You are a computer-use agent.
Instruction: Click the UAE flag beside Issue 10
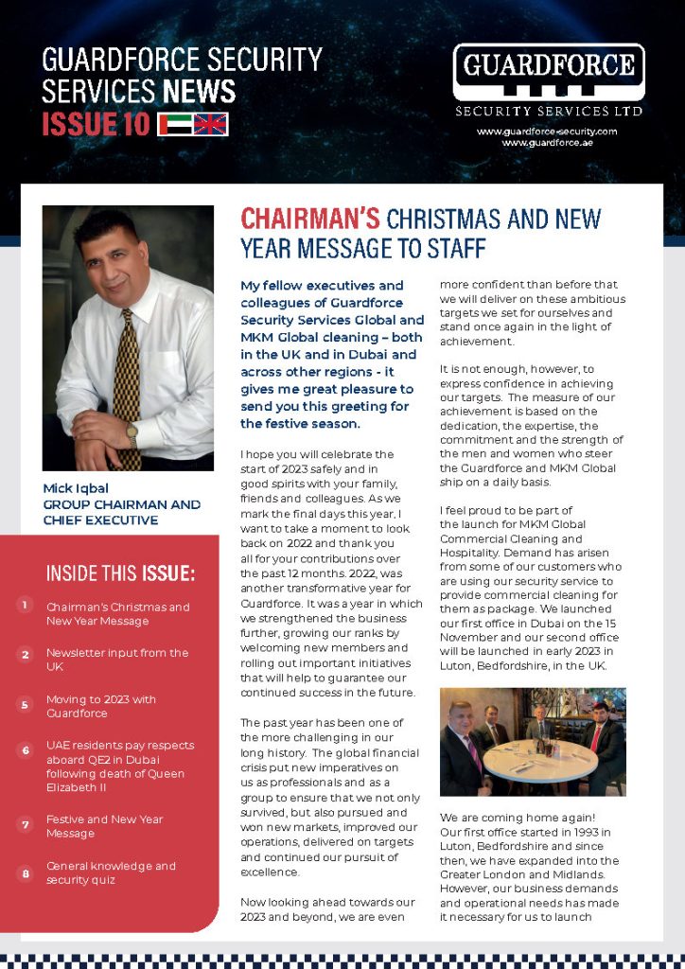[174, 124]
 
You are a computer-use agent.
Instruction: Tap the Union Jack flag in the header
[211, 124]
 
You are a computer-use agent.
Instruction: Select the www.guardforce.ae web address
[548, 142]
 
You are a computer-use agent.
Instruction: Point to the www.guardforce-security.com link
[548, 131]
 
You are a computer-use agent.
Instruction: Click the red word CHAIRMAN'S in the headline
[310, 219]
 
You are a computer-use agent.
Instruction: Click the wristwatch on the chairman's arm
[132, 434]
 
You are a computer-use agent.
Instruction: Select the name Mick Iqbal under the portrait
[76, 488]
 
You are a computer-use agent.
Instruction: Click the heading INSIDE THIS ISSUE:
[121, 573]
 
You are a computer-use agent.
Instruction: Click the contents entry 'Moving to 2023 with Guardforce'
[101, 706]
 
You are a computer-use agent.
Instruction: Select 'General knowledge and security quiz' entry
[111, 872]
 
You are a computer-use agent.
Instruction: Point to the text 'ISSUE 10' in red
[96, 124]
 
